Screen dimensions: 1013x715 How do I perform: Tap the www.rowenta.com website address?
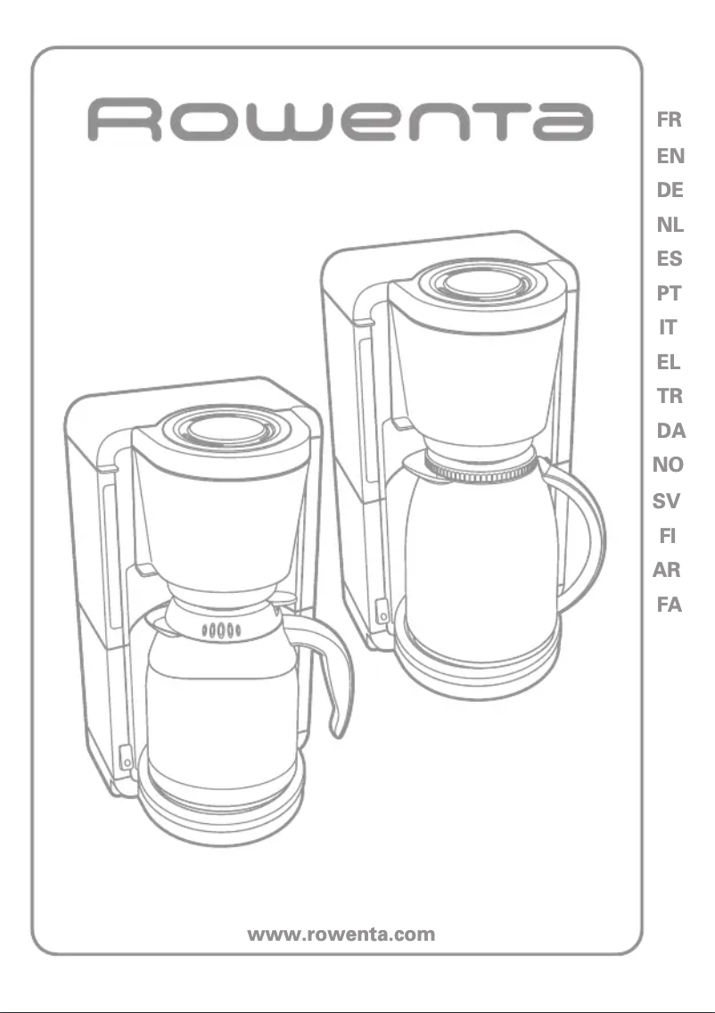point(341,935)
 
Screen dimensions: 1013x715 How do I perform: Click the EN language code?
point(670,156)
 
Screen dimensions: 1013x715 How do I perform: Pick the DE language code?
point(670,190)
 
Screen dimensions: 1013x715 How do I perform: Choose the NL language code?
point(670,225)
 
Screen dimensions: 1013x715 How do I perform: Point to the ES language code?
point(670,259)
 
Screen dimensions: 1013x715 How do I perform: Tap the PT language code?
point(670,293)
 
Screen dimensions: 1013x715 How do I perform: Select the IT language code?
point(668,327)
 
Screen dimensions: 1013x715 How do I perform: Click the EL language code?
point(670,362)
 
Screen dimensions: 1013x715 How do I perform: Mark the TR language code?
point(670,396)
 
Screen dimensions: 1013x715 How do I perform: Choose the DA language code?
point(670,431)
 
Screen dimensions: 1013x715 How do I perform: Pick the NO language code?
point(668,465)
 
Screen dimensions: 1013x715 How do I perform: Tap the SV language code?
point(667,501)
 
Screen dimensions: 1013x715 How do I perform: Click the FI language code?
point(667,536)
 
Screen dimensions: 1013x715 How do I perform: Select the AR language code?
point(667,570)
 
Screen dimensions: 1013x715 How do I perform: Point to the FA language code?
point(669,605)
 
